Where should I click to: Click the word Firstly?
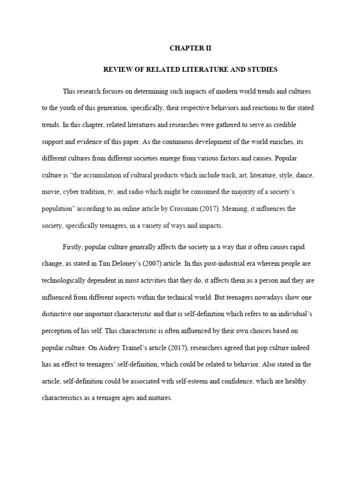coord(72,247)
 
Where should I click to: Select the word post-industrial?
coord(210,263)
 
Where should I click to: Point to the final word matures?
coord(161,398)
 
